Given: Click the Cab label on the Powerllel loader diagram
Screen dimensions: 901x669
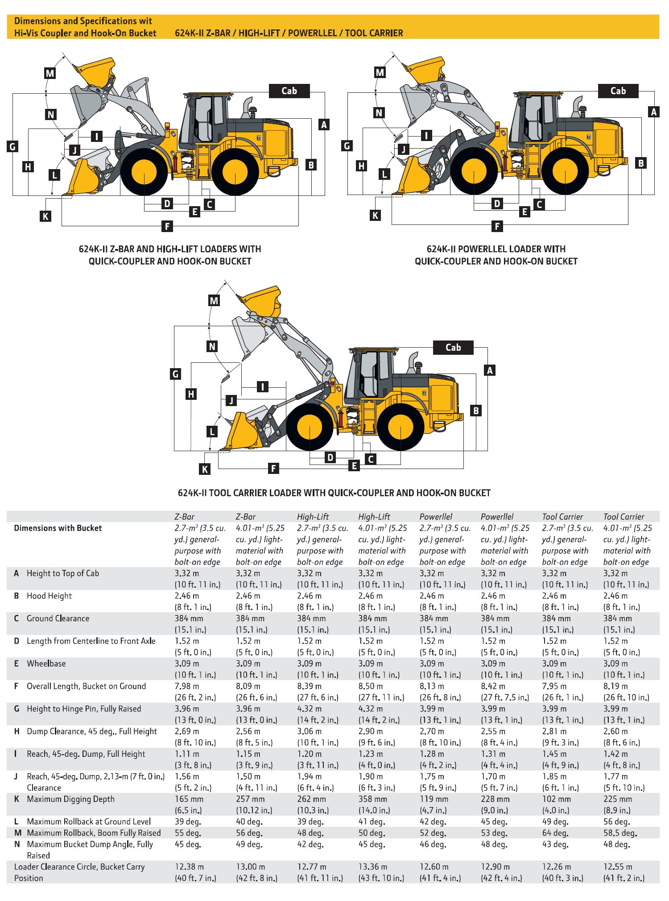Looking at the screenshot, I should (618, 91).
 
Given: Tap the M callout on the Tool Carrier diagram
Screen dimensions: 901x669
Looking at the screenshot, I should (214, 300).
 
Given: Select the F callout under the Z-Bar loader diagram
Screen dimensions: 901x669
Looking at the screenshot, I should (167, 226).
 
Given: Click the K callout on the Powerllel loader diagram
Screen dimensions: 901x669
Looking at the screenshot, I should (376, 216).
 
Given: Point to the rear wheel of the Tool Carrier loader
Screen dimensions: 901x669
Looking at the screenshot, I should (400, 427).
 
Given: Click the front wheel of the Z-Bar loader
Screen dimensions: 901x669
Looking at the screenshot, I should (144, 172).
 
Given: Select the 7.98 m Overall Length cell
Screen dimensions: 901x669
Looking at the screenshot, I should (187, 686).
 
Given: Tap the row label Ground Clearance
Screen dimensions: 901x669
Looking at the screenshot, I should (58, 619).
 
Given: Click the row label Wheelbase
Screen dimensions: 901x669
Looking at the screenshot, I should (46, 664).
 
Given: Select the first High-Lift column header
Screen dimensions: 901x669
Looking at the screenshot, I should (313, 517).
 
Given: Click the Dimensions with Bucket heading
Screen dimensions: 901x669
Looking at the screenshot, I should (58, 528).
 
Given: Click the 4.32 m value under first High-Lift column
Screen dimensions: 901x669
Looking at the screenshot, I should (309, 709).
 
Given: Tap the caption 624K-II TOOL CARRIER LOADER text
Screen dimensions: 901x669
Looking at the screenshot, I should (334, 493).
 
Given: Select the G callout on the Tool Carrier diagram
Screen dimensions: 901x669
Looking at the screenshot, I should (176, 374).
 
